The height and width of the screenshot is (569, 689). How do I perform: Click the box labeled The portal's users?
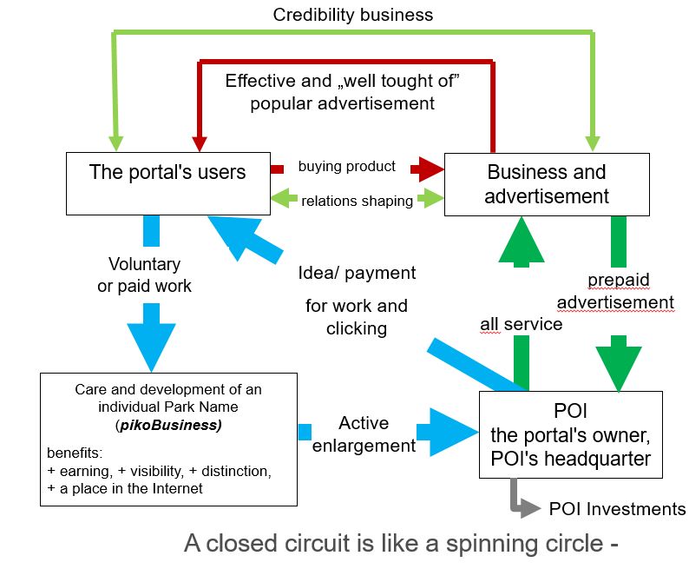point(167,182)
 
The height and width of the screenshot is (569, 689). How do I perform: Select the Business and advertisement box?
point(546,184)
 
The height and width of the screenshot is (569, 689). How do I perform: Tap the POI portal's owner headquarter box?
point(570,434)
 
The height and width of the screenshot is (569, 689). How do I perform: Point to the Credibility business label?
point(352,15)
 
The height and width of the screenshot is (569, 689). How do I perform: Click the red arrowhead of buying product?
point(426,167)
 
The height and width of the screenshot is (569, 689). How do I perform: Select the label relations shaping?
point(357,201)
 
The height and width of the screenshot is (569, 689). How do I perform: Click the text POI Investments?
point(617,509)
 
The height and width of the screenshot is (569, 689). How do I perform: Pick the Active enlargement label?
point(364,434)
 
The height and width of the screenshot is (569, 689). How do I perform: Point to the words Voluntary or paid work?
point(144,275)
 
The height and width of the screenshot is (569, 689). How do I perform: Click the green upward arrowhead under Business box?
point(521,238)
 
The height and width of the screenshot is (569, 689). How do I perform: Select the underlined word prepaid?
point(618,280)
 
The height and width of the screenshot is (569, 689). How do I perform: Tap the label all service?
point(521,324)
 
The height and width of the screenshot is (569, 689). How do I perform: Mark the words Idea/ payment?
point(356,273)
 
